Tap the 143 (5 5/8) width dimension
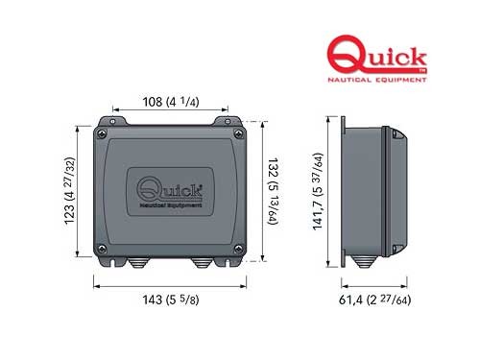[x=170, y=299]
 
